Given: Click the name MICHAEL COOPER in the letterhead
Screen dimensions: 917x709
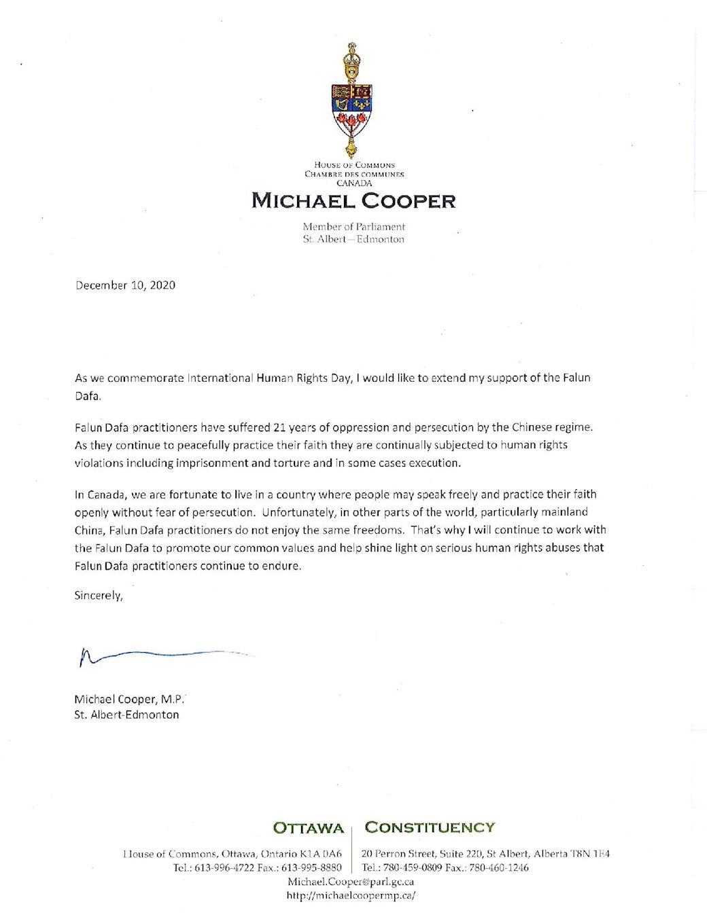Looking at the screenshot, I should pyautogui.click(x=353, y=200).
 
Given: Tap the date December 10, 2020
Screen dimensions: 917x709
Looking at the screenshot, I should pyautogui.click(x=125, y=285).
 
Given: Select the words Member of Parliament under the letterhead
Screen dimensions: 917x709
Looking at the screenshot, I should pyautogui.click(x=354, y=226).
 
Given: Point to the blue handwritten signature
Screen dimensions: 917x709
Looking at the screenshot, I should pyautogui.click(x=163, y=655).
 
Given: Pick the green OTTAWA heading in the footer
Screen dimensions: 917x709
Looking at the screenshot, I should pyautogui.click(x=308, y=828).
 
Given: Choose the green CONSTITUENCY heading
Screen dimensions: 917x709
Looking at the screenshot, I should pyautogui.click(x=430, y=827).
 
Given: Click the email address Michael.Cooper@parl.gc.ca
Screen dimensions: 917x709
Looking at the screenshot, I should pyautogui.click(x=351, y=882).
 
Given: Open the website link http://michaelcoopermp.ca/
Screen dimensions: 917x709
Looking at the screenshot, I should pyautogui.click(x=351, y=895).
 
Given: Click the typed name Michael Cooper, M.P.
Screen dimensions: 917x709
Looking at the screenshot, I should pyautogui.click(x=128, y=699).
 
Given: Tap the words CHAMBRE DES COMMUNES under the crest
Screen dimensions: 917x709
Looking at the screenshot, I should pyautogui.click(x=354, y=174).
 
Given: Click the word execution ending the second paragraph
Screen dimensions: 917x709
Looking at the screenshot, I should pyautogui.click(x=436, y=463).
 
